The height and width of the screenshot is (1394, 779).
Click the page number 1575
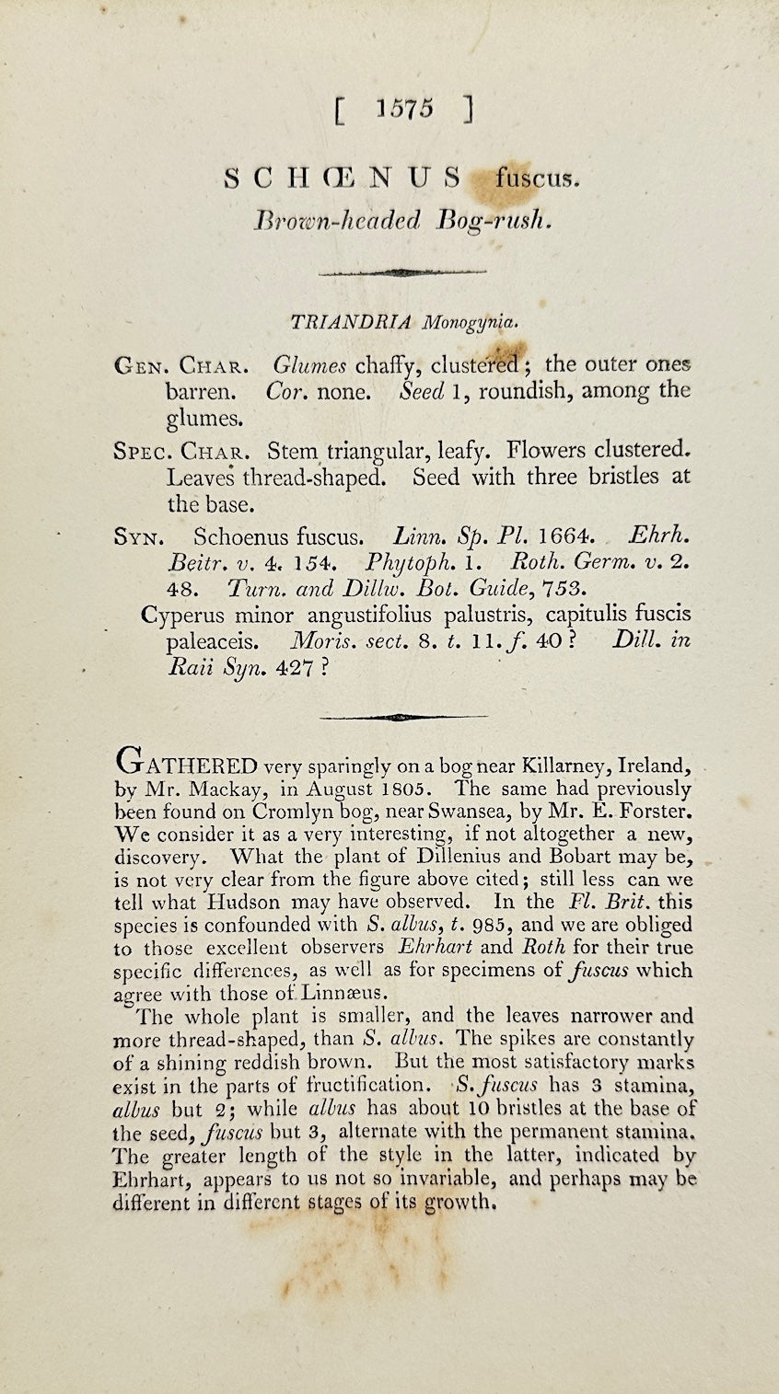click(404, 110)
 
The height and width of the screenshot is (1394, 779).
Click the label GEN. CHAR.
click(180, 366)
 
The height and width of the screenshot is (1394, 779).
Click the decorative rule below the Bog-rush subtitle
click(402, 272)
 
